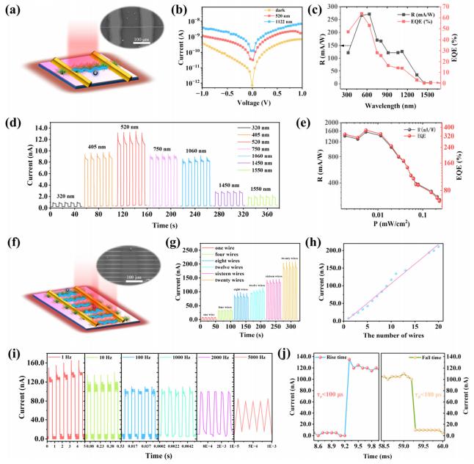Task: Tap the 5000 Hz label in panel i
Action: (251, 363)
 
